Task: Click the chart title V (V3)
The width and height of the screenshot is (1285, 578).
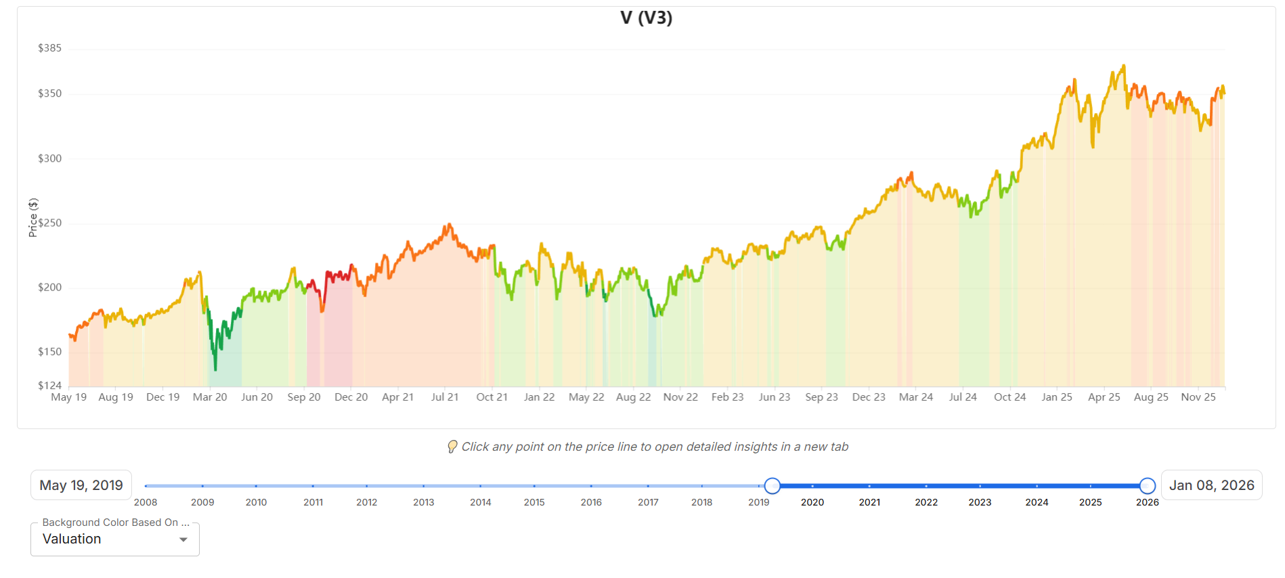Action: [646, 18]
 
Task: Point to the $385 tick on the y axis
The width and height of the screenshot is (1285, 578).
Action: [49, 48]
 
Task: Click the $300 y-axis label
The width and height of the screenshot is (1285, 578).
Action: [49, 158]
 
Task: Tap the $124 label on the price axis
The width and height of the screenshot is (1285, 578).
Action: [49, 386]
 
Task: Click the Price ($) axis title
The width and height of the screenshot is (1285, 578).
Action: [33, 217]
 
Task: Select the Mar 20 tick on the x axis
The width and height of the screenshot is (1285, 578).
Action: [210, 397]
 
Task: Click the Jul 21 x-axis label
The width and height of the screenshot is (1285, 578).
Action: [445, 397]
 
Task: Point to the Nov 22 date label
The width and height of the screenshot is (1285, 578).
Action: [680, 397]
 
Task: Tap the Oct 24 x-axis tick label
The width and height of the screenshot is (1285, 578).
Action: [1009, 397]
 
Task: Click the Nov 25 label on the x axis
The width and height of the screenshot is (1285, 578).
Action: [1198, 397]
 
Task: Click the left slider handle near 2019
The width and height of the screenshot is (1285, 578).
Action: [772, 486]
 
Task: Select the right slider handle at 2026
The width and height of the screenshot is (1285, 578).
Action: [1147, 486]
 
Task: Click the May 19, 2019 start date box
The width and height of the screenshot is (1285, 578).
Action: [81, 485]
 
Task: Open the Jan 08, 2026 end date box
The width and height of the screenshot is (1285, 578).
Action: [1211, 485]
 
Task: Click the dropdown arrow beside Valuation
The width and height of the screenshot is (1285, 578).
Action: [183, 539]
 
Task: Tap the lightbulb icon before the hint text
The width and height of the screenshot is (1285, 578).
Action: [452, 447]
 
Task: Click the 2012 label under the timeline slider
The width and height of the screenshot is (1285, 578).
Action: [366, 502]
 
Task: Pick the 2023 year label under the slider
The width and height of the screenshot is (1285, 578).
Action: [980, 502]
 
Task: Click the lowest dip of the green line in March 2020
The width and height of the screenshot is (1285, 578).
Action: [215, 369]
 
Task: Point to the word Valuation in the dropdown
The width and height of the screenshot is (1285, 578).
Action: [72, 539]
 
